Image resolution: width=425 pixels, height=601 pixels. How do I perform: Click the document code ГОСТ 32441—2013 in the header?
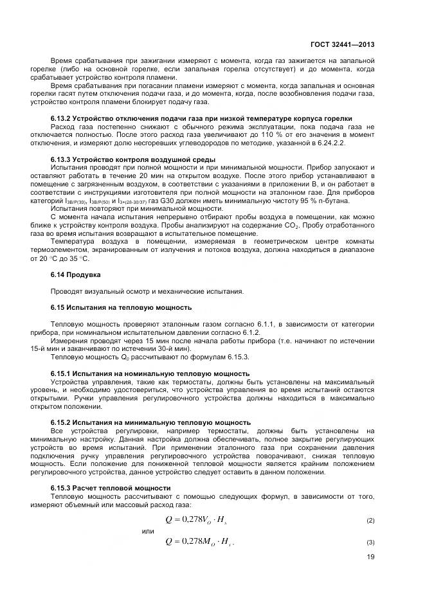coord(344,44)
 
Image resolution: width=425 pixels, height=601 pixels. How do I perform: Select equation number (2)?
coord(370,519)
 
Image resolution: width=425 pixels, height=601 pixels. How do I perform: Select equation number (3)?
coord(370,543)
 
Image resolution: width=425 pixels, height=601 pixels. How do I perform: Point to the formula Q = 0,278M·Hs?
coord(200,541)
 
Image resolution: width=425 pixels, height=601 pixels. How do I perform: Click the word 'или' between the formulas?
coord(147,531)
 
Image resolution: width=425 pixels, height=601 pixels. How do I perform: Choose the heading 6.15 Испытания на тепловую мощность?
coord(121,307)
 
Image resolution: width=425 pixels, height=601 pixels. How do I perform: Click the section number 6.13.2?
coord(61,118)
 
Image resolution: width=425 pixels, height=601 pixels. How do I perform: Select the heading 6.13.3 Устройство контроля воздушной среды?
coord(132,159)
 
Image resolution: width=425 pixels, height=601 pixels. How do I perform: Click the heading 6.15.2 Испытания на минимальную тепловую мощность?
coord(150,422)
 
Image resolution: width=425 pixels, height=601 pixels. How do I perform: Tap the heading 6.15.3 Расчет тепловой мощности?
coord(111,488)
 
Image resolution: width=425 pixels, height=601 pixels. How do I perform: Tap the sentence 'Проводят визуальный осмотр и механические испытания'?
coord(147,291)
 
